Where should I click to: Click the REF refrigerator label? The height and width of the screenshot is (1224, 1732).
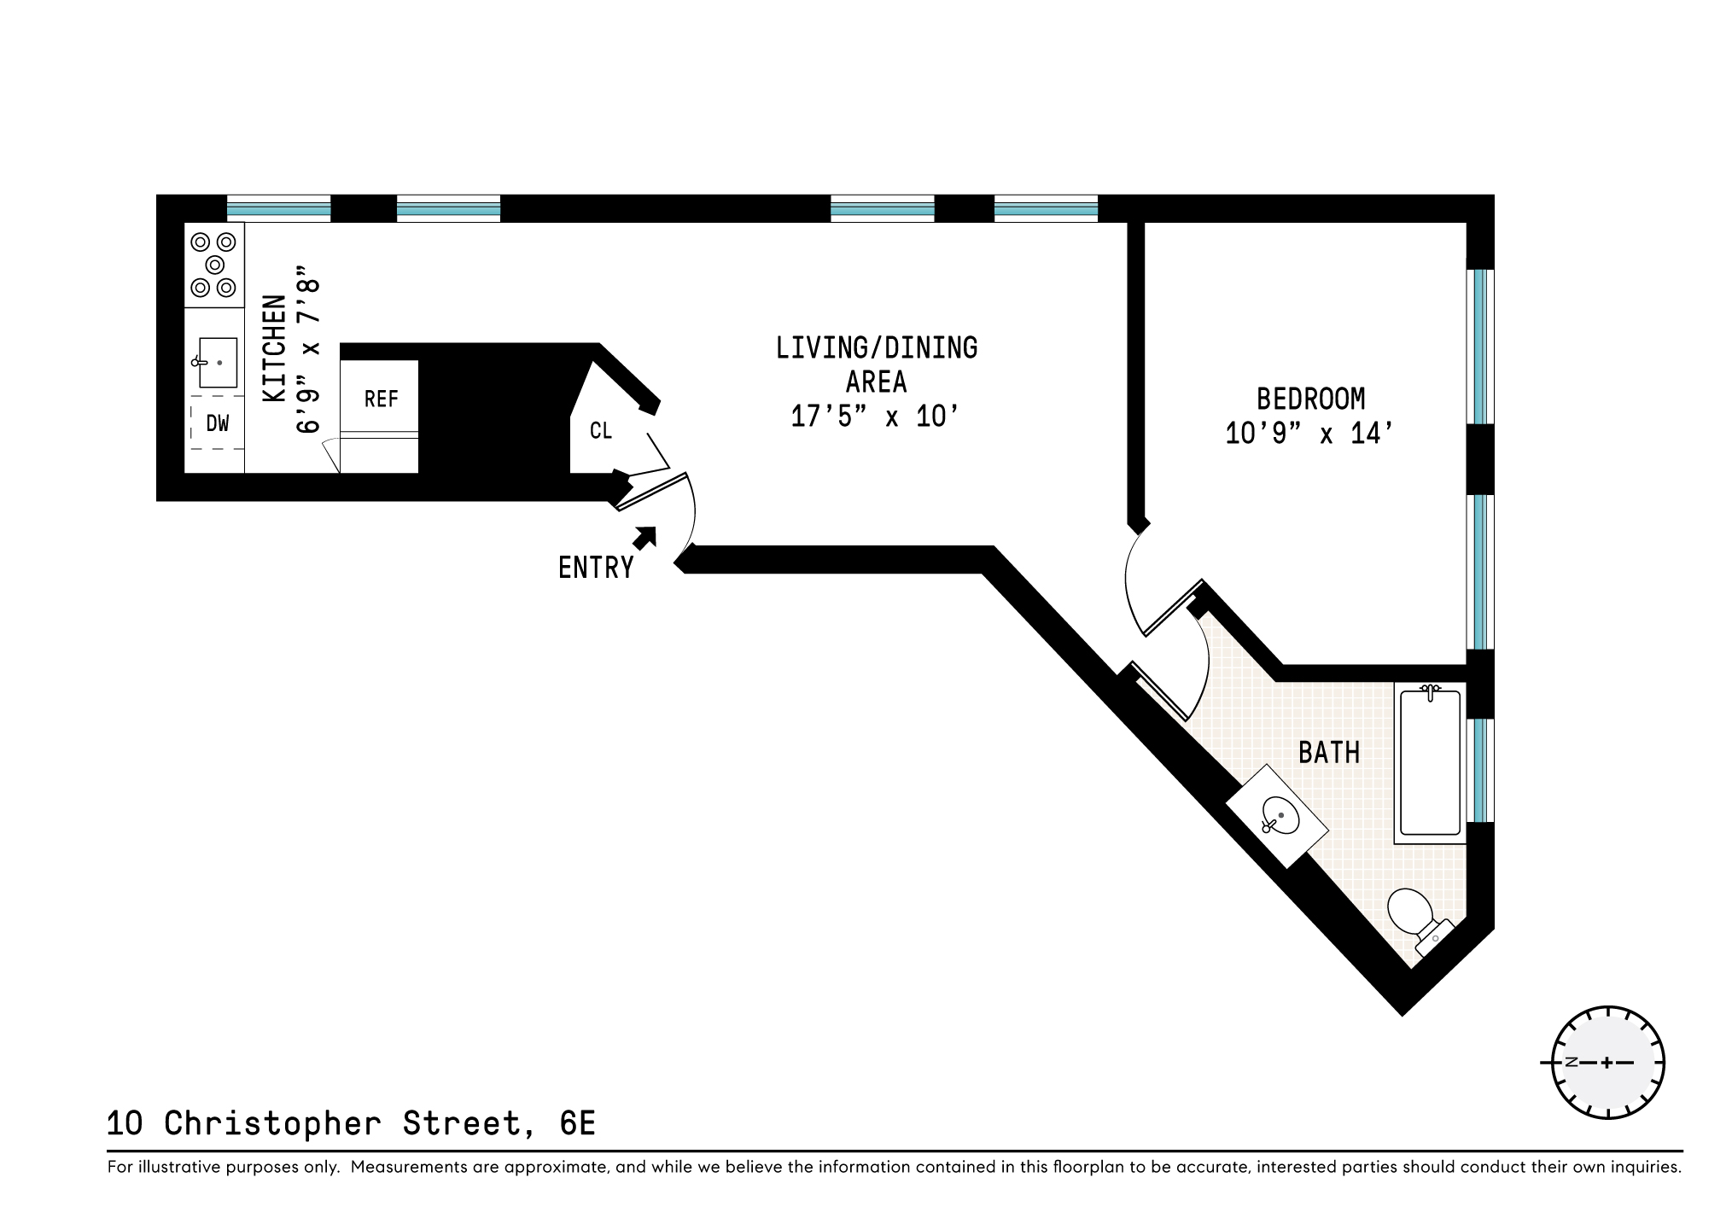pos(381,399)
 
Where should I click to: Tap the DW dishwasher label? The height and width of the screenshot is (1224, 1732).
pos(218,423)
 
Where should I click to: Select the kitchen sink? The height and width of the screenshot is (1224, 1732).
pos(217,363)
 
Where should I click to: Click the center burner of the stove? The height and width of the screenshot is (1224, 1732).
pos(214,265)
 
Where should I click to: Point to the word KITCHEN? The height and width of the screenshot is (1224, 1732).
pos(274,348)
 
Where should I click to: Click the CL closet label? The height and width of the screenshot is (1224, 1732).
pos(601,431)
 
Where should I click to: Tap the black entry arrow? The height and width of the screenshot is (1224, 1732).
pos(645,538)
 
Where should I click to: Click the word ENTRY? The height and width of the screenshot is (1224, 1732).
pos(596,568)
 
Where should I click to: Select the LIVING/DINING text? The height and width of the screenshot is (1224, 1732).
pos(877,348)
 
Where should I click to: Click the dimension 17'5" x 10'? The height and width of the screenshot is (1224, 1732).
pos(875,417)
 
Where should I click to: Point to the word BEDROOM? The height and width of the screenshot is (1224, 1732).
pos(1310,399)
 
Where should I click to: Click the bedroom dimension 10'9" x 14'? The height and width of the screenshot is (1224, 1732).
pos(1310,434)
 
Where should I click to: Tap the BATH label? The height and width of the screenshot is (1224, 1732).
pos(1328,753)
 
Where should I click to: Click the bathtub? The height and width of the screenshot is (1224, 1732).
pos(1430,762)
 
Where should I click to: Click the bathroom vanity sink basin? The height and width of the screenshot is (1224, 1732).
pos(1280,816)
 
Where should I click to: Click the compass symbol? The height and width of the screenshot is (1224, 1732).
pos(1607,1063)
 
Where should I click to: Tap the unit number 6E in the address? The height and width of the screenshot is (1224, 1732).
pos(577,1123)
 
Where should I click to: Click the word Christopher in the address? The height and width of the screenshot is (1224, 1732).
pos(272,1123)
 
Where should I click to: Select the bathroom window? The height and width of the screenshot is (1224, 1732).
pos(1482,770)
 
